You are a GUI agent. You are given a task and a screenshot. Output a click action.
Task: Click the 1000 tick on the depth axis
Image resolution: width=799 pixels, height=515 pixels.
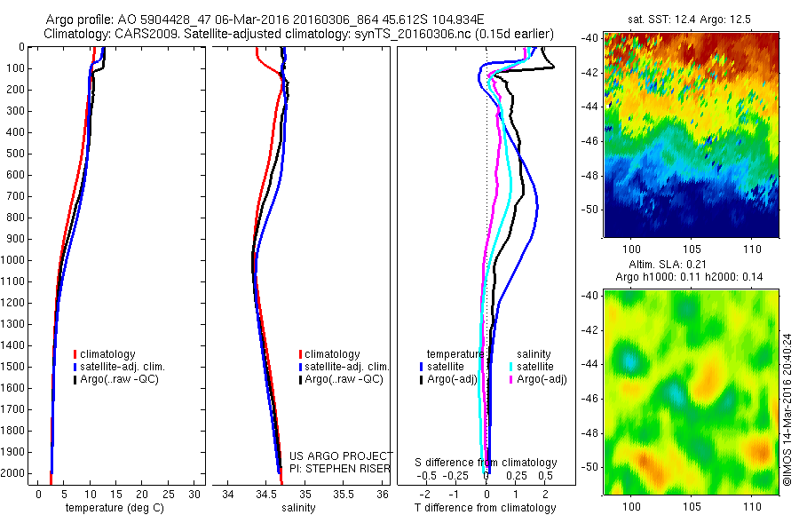[x=15, y=260]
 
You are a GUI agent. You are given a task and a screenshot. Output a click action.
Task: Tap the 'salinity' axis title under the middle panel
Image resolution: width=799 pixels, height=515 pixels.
[x=298, y=508]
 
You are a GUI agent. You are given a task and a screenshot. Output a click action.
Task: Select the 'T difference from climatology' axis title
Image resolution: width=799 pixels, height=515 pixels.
[x=486, y=508]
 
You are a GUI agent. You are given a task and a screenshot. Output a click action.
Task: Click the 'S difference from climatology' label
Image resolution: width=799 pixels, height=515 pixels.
[x=487, y=463]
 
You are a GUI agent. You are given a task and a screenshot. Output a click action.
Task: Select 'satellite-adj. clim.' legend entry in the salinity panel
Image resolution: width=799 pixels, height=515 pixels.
[x=345, y=367]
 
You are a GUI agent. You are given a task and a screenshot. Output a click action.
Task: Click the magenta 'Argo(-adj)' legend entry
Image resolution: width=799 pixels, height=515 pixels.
[x=542, y=379]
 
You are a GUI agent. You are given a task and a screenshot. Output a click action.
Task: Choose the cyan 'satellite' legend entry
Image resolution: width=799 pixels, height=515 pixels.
[x=536, y=367]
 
